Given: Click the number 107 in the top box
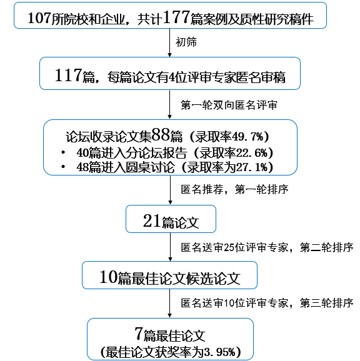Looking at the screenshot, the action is pos(39,18).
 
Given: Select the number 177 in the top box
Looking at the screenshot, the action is pos(176,17).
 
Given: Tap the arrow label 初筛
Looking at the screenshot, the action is pos(186,42).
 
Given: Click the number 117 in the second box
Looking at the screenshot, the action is pos(68,75).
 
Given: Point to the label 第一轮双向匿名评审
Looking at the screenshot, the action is pos(229,105).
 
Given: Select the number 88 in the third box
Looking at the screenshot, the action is pos(161,135).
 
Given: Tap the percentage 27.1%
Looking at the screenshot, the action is pos(252,167).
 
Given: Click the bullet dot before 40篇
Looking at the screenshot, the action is pos(63,152).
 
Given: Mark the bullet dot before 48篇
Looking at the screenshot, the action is pos(63,167).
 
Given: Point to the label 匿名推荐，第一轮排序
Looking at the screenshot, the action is pos(234,189).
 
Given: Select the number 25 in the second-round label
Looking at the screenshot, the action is pos(229,247).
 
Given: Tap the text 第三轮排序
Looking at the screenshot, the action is pos(327,303).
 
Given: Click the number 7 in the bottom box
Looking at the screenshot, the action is pos(139,334).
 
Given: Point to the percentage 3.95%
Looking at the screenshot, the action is pos(219,352).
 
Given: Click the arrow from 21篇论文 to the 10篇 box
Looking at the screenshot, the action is pos(170,247).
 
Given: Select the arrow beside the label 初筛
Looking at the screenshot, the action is pos(170,43).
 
